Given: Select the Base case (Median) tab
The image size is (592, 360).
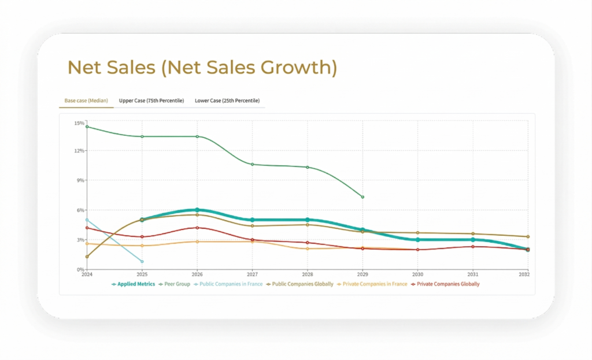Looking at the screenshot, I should point(85,101).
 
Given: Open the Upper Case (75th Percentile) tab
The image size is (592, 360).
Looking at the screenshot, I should point(151,101).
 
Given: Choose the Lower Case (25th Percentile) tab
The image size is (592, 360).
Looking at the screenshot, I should point(227,101).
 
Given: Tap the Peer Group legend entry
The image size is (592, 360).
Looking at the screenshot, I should point(175,284).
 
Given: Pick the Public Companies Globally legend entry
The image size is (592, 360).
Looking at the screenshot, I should point(301,284).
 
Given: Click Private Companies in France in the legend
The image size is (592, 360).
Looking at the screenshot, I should point(375,284).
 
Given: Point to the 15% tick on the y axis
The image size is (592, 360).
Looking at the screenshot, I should point(79,123).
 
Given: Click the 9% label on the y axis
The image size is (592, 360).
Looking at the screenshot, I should point(80,180).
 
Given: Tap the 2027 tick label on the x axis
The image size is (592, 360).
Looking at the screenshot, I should point(252,275).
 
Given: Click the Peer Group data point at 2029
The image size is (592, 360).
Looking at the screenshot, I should point(362,197).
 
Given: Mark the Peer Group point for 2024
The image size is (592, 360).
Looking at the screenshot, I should point(87,127).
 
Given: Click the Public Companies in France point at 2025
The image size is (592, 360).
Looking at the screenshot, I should point(142,262).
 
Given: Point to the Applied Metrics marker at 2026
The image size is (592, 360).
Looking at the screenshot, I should point(197,210).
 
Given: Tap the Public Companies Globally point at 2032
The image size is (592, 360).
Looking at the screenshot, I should point(528,236).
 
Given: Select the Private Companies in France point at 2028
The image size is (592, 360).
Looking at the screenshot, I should point(308,248).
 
